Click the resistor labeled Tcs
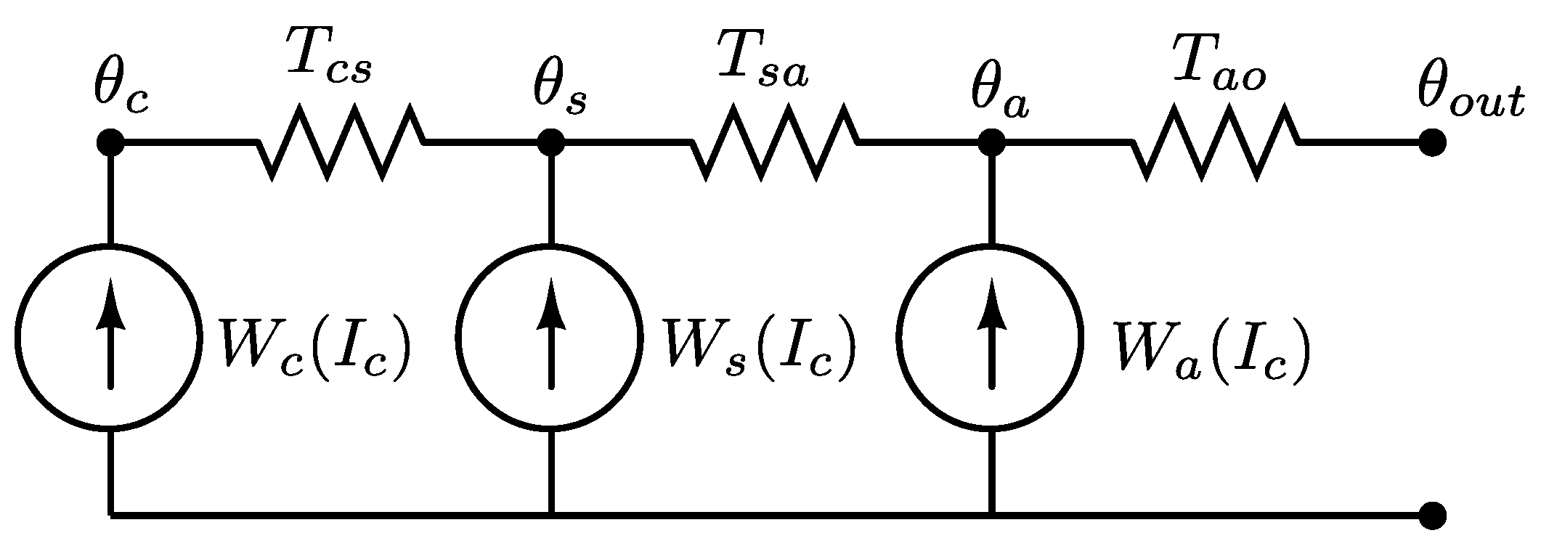tap(340, 142)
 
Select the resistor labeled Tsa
tap(773, 142)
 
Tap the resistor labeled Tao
tap(1214, 142)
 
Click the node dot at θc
tap(110, 142)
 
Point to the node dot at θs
tap(551, 142)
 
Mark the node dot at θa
tap(991, 142)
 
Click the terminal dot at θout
tap(1432, 142)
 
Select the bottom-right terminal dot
tap(1432, 516)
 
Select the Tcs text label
tap(328, 54)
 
